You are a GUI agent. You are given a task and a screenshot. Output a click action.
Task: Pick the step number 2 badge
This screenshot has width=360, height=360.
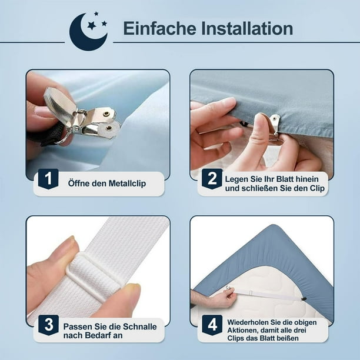(212, 178)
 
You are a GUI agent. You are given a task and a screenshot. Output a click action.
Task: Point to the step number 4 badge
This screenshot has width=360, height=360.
(212, 325)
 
